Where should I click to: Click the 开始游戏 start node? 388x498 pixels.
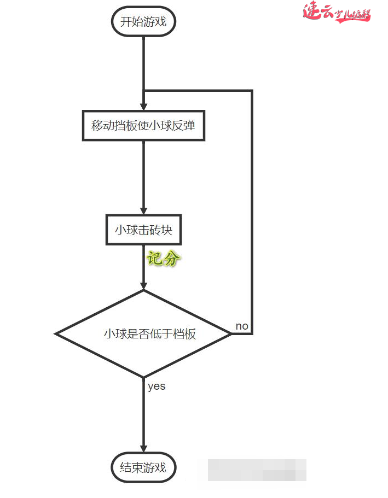pos(143,22)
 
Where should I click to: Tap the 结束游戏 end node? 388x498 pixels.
pos(143,467)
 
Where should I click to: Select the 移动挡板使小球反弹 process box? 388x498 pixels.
pos(143,126)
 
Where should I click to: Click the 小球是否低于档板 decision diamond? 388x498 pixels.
pos(143,333)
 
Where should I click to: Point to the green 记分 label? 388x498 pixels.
pos(163,259)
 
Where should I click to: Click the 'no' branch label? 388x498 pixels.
pos(241,326)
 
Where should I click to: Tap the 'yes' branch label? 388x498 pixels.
pos(157,386)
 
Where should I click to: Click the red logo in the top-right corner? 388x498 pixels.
pos(337,13)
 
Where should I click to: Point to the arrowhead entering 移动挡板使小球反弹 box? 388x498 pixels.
pos(143,106)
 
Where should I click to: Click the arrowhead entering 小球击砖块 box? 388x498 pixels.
pos(143,210)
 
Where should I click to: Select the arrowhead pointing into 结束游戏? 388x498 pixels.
pos(143,448)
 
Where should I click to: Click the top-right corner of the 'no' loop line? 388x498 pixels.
pos(252,91)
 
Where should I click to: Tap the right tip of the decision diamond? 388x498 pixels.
pos(231,333)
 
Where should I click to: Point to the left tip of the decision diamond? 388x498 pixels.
pos(56,333)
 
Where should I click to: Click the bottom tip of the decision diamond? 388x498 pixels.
pos(143,377)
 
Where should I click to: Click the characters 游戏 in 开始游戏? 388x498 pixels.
pos(154,22)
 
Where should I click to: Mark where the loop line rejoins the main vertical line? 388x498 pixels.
pos(143,91)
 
